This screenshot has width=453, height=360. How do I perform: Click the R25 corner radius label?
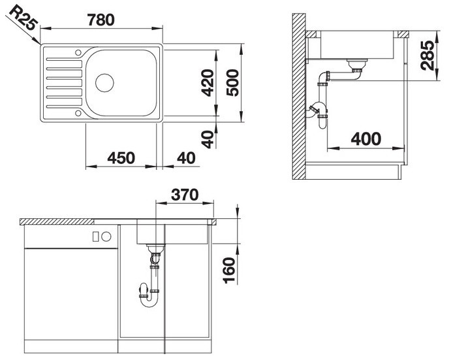point(23,18)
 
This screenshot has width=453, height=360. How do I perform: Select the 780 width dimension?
point(101,20)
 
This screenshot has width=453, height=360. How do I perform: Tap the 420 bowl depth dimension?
point(208,83)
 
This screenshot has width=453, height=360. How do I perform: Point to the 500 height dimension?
point(233,83)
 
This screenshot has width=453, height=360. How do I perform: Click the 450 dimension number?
point(121,158)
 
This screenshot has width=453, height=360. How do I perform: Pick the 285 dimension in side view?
point(428,56)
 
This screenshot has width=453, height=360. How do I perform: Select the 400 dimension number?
point(366,139)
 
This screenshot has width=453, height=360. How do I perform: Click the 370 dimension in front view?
point(185,195)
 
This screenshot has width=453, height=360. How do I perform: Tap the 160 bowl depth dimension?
point(230,270)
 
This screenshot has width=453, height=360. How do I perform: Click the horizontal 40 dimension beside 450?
point(186,158)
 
